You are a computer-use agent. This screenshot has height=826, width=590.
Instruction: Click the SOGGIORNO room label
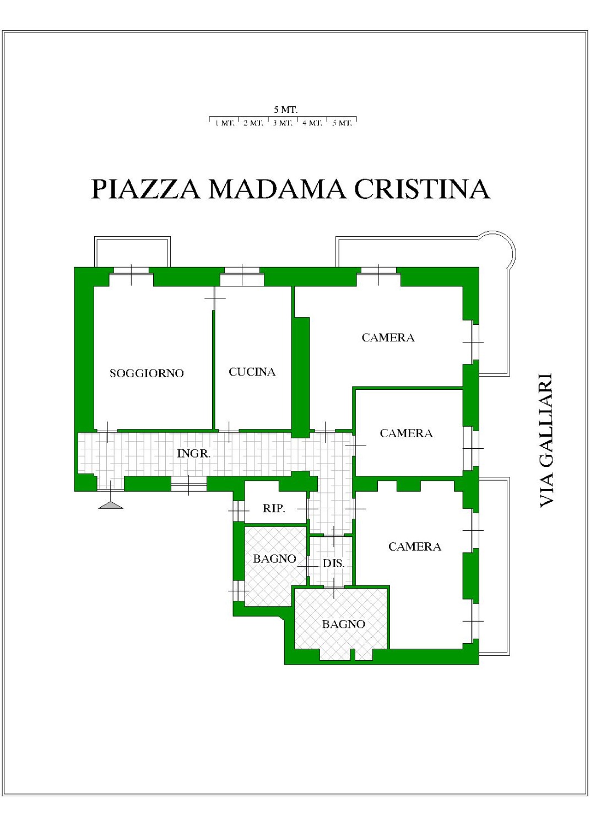[147, 373]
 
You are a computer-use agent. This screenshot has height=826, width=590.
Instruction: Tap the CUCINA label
[252, 372]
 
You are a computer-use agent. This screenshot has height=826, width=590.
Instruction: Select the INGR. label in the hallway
[194, 453]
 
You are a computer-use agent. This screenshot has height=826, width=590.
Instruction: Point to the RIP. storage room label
[274, 508]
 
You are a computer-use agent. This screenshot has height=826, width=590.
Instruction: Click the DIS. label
[333, 563]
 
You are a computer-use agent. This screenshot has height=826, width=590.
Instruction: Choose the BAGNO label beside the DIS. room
[274, 559]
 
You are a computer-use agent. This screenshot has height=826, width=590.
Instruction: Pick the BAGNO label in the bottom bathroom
[344, 624]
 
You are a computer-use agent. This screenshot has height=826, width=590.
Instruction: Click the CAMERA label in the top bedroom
[388, 338]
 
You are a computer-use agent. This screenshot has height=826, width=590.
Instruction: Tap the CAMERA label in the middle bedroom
[406, 433]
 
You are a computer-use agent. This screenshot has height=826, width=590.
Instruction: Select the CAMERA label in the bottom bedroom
[415, 546]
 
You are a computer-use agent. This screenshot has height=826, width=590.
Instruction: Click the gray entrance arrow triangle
[111, 505]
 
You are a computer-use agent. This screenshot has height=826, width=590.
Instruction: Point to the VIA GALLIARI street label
[546, 441]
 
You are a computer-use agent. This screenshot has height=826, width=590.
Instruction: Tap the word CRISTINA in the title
[423, 189]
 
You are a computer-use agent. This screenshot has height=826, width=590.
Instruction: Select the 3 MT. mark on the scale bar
[283, 123]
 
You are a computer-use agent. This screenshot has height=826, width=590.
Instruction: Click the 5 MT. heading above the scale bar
[285, 110]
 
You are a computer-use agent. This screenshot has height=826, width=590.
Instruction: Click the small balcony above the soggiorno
[132, 252]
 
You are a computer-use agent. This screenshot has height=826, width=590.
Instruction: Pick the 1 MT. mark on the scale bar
[225, 123]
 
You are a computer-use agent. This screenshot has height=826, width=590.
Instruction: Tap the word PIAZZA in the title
[145, 189]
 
